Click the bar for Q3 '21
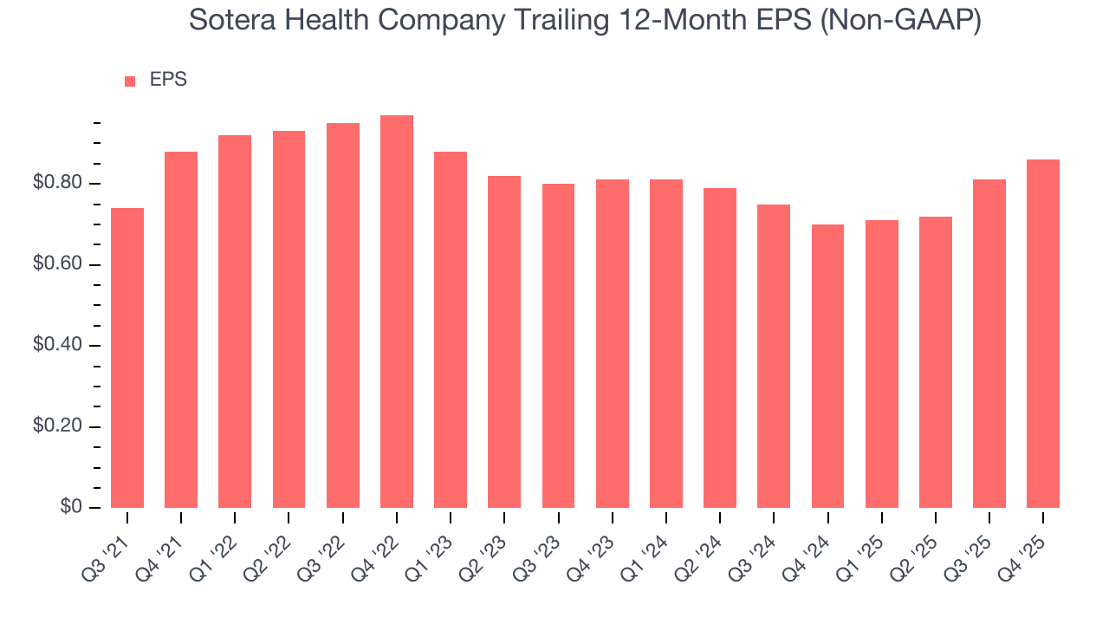coord(127,358)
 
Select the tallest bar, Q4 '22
coord(397,312)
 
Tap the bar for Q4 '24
coord(827,366)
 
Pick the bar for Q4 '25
coord(1043,334)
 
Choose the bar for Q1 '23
coord(451,329)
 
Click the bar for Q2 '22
coord(289,319)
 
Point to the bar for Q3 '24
coord(774,356)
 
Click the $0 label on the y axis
coord(71,507)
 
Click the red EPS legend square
coord(130,81)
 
